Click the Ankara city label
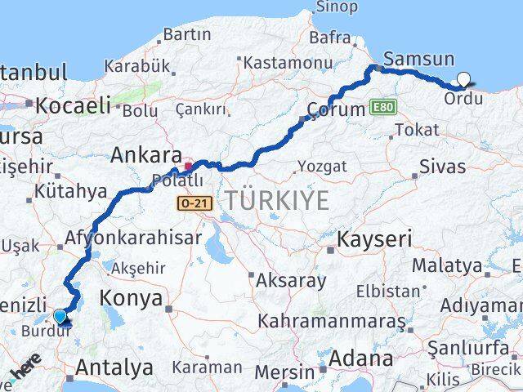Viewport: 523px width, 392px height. (x=146, y=154)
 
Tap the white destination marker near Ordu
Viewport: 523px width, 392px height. (x=464, y=80)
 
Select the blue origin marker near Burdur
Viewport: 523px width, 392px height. (x=60, y=317)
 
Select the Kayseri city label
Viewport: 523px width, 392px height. (x=375, y=240)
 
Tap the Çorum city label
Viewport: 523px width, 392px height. (x=335, y=109)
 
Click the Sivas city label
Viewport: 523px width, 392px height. (x=442, y=167)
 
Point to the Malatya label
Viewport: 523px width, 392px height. (x=447, y=265)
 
